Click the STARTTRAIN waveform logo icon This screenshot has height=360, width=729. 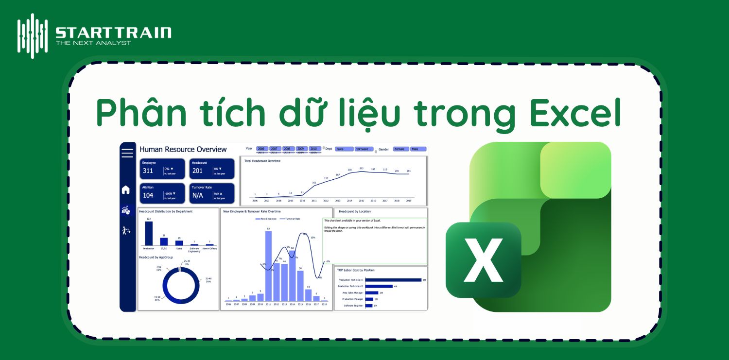coord(33,35)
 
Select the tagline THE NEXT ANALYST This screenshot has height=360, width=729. coord(93,43)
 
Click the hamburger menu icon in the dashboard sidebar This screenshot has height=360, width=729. coord(127,153)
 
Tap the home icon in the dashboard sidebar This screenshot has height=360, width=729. coord(126,190)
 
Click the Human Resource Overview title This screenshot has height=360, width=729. coord(183,150)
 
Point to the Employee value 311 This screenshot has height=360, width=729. coord(148,171)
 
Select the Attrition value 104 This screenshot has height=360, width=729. coord(148,195)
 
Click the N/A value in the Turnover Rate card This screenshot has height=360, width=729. coord(198,195)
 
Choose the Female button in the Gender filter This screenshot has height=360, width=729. coord(400,149)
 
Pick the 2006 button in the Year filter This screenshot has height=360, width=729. coord(261,149)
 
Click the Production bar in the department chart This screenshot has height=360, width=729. coord(149,234)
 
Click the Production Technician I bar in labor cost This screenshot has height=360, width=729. coord(393,280)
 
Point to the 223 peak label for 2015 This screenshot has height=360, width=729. coord(361,168)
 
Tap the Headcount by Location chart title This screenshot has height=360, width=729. coord(354,211)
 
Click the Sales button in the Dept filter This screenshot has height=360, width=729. coord(343,149)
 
